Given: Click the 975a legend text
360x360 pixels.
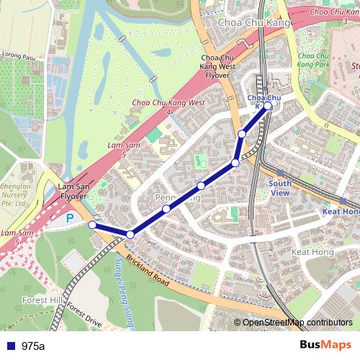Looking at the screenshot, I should tap(33, 346).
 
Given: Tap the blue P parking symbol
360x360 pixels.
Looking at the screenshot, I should tap(70, 217).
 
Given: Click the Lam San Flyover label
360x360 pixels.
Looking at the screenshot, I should tap(72, 191).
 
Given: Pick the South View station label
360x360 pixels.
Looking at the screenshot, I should tap(279, 188).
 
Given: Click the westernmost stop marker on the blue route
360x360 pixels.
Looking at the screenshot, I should tap(92, 225).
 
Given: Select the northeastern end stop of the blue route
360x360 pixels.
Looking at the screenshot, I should tap(268, 106).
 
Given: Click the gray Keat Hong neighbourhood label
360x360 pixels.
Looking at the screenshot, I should tap(312, 252).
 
